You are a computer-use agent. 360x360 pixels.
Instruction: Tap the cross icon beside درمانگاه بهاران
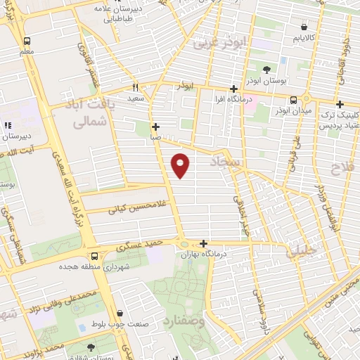(x=203, y=243)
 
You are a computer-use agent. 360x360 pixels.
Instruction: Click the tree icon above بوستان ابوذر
(x=266, y=70)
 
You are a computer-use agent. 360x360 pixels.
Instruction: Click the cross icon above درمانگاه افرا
(x=233, y=89)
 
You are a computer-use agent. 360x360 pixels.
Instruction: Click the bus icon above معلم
(x=27, y=41)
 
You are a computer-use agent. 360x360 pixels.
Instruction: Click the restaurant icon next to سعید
(x=135, y=87)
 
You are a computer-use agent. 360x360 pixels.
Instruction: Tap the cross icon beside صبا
(x=155, y=127)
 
